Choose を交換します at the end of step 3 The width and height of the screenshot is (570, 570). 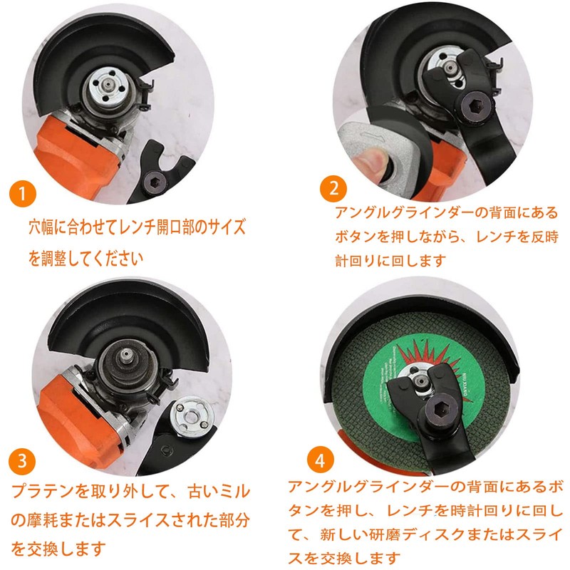point(65,549)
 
